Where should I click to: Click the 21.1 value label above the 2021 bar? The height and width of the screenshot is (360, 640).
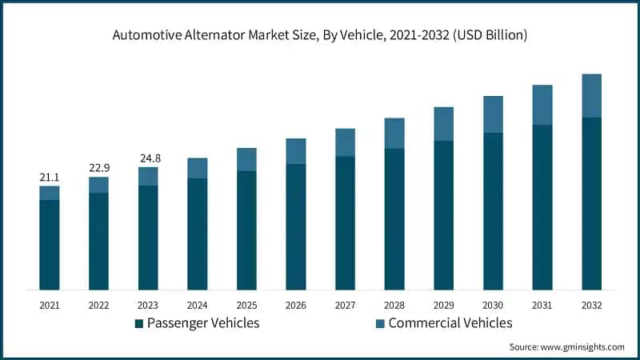coord(50,177)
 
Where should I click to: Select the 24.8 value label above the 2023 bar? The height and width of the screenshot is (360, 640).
coord(148,158)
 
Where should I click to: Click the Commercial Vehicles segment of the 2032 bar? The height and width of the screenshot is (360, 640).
coord(591,96)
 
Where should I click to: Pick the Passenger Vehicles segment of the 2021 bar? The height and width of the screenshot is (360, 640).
coord(50,244)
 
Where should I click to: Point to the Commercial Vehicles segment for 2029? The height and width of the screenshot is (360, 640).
coord(444,124)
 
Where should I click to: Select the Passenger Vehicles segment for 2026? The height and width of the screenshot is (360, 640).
coord(296,226)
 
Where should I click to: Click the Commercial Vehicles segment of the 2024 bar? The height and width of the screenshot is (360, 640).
coord(198,168)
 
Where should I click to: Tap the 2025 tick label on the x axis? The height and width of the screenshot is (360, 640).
coord(246,305)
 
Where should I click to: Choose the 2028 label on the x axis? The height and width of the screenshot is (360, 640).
coord(394,305)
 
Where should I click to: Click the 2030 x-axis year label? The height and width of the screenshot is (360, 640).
coord(493,305)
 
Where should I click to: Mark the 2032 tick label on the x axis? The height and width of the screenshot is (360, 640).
coord(591,305)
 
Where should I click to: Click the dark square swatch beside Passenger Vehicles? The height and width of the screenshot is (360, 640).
coord(138,323)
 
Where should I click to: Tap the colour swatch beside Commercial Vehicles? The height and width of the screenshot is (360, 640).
coord(379,323)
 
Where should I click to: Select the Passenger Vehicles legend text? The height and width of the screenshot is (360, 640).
coord(203,323)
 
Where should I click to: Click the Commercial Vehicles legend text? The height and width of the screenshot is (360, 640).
coord(450,323)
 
